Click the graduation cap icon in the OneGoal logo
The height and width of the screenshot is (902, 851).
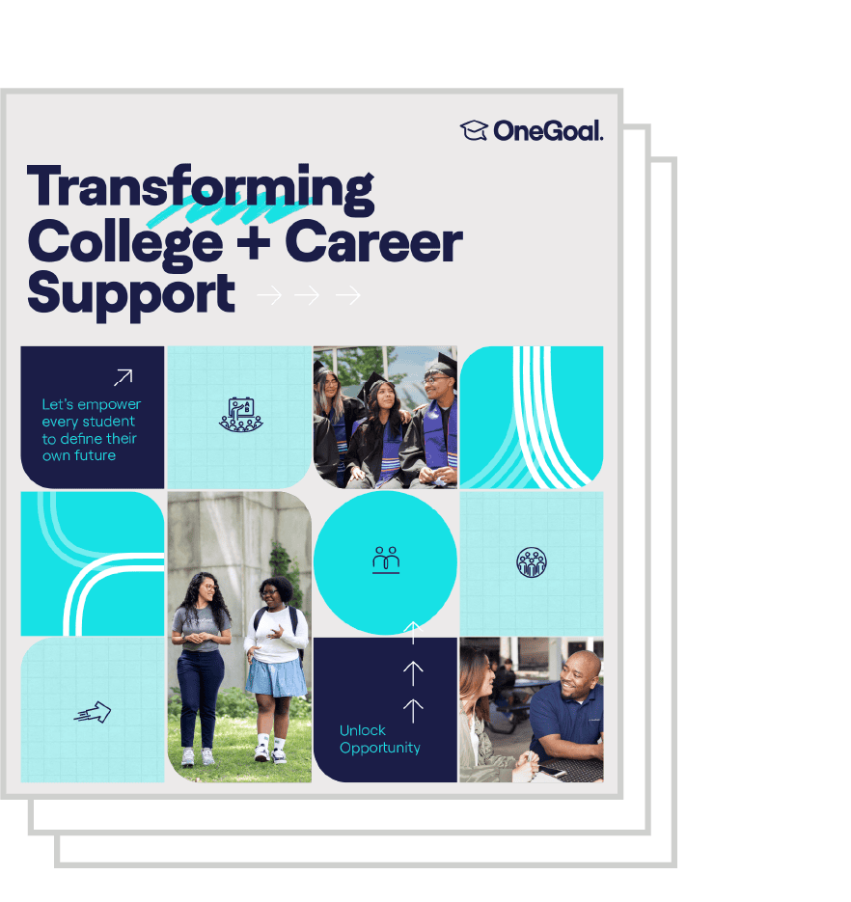(x=474, y=130)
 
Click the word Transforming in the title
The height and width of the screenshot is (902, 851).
(x=201, y=189)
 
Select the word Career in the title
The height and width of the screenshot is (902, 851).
(x=373, y=242)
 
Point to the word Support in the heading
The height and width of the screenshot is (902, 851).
(x=131, y=294)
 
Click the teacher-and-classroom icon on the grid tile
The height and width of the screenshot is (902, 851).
(x=241, y=414)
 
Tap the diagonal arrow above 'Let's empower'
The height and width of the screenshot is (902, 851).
(x=124, y=377)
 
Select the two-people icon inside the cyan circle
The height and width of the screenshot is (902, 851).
(x=386, y=560)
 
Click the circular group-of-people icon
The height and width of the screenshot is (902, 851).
(x=531, y=562)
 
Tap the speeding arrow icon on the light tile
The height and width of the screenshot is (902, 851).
(x=92, y=712)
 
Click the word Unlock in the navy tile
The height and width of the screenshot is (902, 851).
(x=362, y=730)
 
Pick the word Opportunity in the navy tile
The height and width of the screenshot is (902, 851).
(x=380, y=748)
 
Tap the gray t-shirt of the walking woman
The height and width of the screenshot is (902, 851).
(x=200, y=628)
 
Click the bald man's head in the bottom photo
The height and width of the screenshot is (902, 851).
(x=582, y=672)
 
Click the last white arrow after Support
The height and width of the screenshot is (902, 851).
(x=348, y=295)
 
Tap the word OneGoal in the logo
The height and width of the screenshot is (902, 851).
(x=548, y=131)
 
